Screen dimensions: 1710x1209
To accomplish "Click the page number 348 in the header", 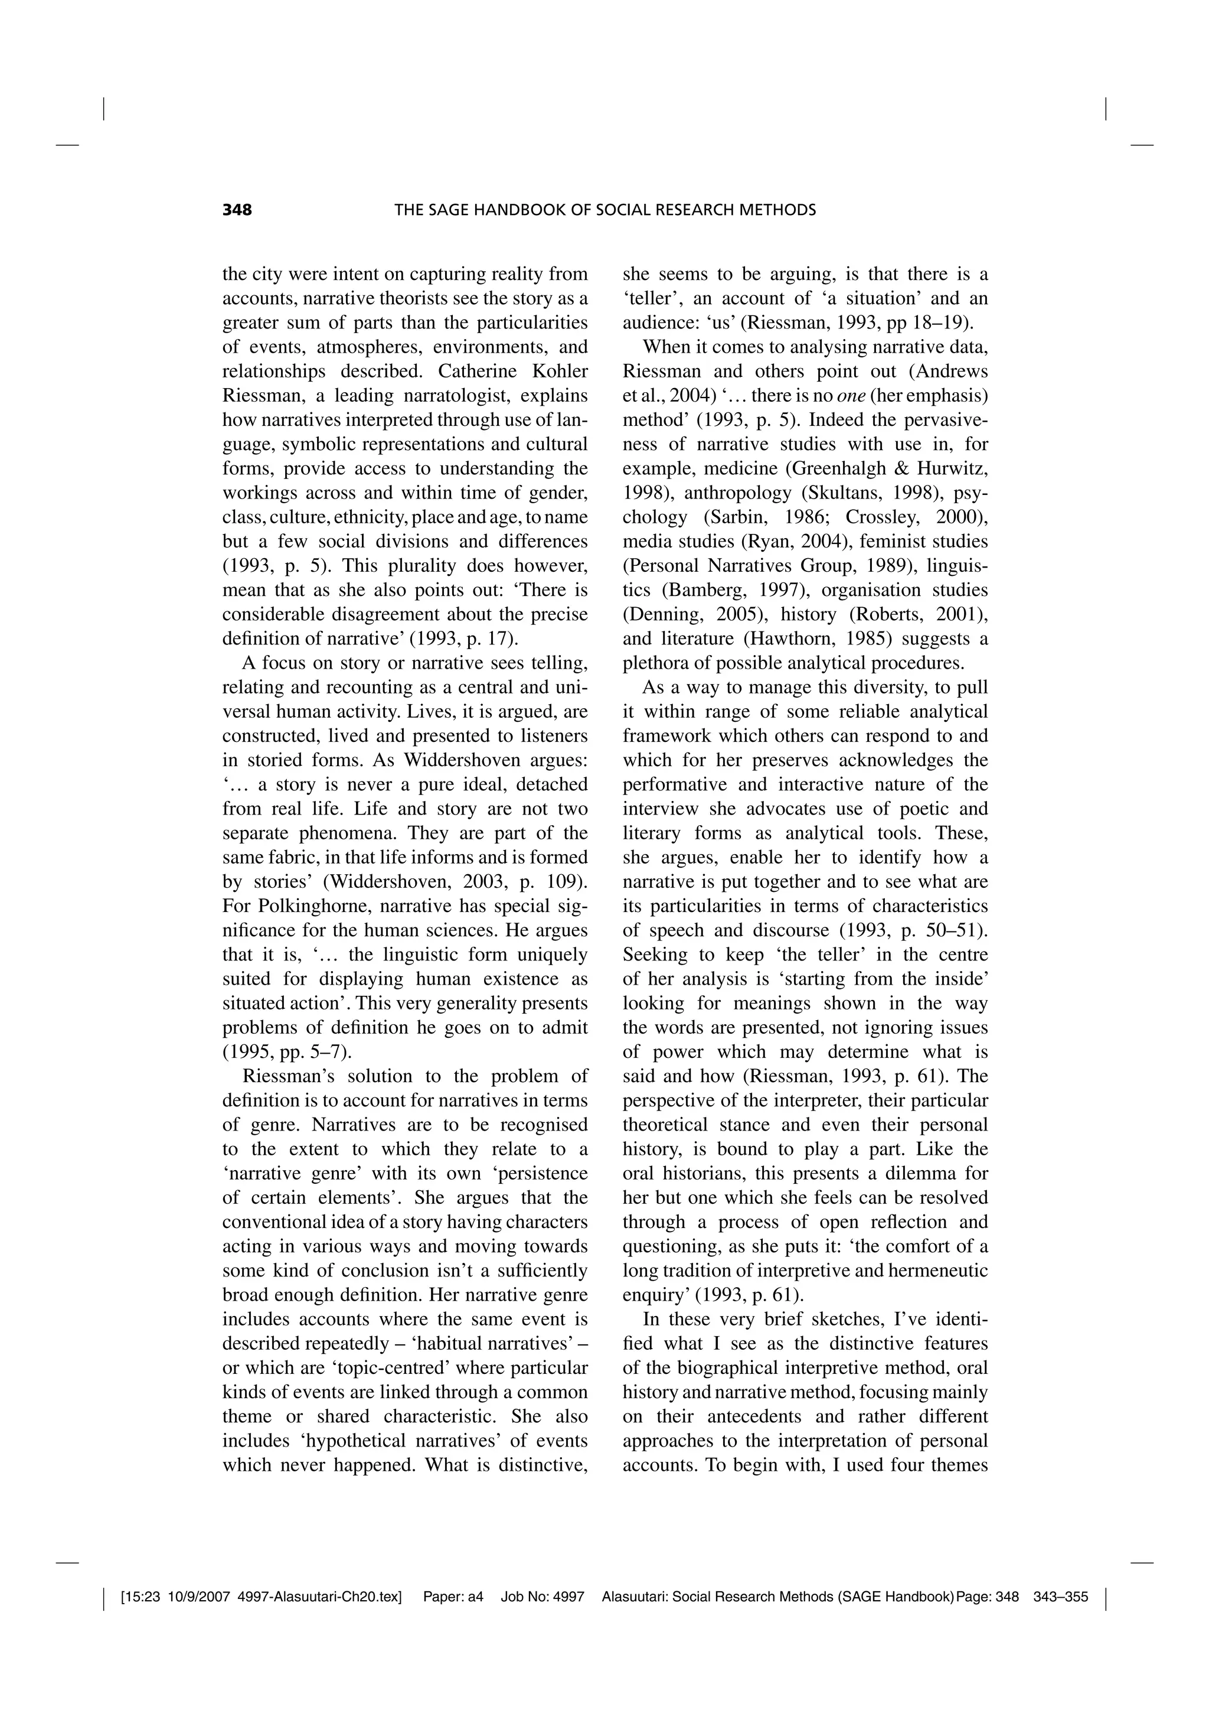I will point(237,210).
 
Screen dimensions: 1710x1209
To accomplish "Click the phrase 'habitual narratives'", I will point(495,1344).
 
